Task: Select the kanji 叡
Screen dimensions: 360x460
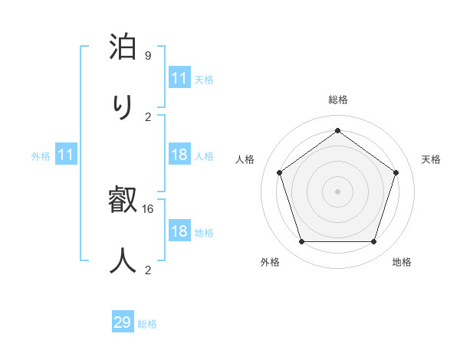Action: [x=123, y=201]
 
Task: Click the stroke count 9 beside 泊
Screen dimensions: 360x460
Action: [x=148, y=56]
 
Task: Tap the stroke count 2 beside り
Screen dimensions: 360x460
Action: [x=148, y=117]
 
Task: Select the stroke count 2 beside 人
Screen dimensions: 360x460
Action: [x=148, y=270]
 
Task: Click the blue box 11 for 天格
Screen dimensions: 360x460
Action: [x=179, y=78]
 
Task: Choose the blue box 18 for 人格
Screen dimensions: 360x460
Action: [x=179, y=155]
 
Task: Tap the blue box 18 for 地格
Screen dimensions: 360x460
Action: [x=179, y=231]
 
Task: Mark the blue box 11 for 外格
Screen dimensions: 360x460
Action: [x=66, y=155]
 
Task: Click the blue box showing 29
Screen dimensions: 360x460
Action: [x=123, y=322]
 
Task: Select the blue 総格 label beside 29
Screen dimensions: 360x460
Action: [x=148, y=324]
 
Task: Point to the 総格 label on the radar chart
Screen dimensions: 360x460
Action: [x=338, y=100]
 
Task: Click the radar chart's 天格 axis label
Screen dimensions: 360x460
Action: [x=432, y=159]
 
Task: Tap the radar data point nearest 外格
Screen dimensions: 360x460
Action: [x=301, y=242]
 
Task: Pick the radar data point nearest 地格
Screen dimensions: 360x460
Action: [x=373, y=242]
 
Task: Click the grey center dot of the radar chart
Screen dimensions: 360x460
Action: [x=337, y=191]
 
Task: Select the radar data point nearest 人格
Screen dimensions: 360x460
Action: [x=279, y=172]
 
